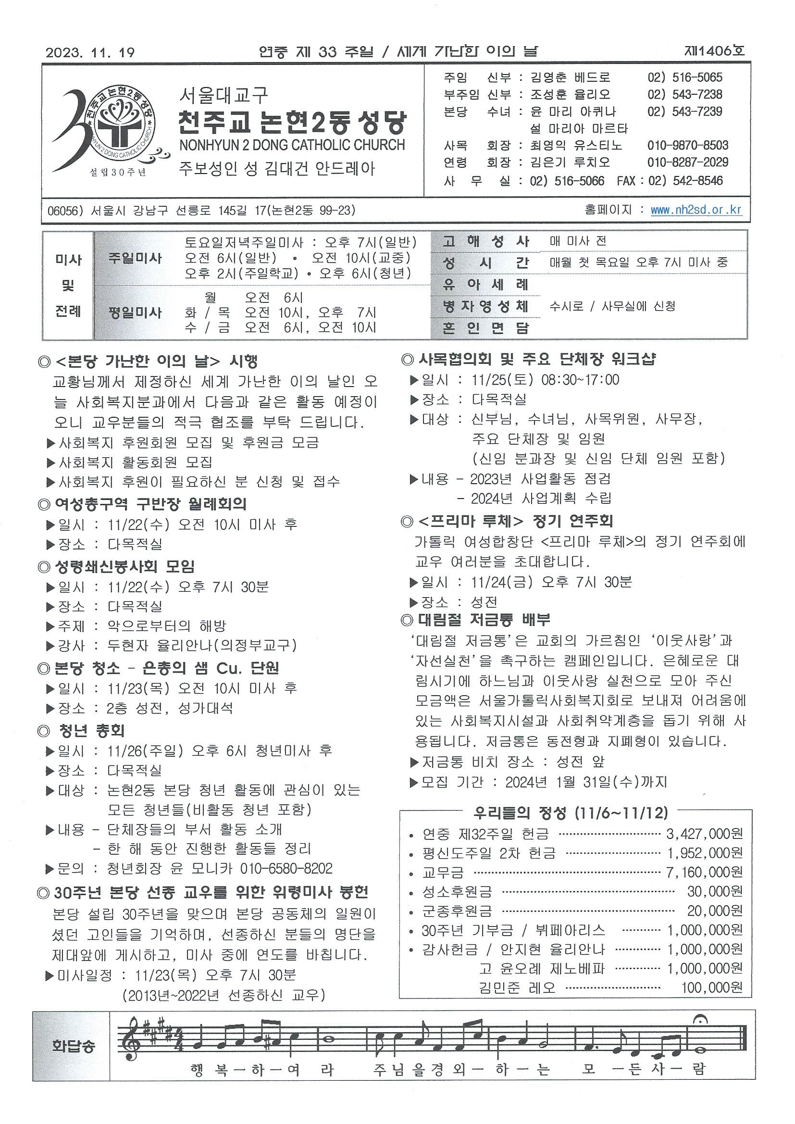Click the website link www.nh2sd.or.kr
pos(696,210)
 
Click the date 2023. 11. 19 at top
pos(90,52)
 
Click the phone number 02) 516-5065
pos(684,77)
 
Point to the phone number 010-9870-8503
pos(687,145)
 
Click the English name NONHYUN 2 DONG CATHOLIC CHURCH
pos(292,145)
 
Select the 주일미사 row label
pos(135,259)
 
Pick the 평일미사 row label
pos(135,312)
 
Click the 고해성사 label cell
pos(485,241)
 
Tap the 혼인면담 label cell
pos(485,328)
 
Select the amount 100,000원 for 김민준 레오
pos(712,987)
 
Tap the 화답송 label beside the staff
pos(74,1046)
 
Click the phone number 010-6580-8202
pos(286,868)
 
